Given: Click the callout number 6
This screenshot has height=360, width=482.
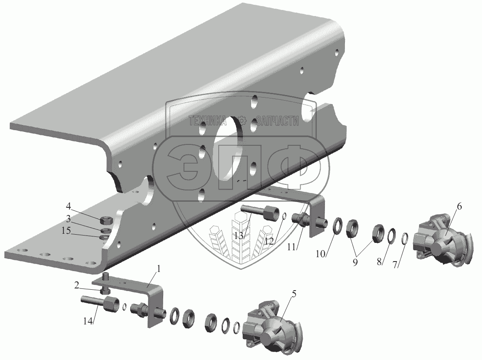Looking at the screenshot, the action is [459, 207].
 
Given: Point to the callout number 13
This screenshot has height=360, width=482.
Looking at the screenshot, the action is [239, 236].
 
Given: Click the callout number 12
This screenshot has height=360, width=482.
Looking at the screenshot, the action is [269, 242].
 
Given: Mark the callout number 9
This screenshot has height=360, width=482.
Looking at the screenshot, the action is [355, 262].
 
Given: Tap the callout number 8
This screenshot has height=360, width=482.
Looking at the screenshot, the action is [380, 262].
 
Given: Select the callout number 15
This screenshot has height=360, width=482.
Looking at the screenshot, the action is [66, 230].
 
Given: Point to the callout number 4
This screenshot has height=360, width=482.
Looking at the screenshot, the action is [69, 205].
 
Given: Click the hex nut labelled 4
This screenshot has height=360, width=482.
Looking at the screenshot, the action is [106, 220].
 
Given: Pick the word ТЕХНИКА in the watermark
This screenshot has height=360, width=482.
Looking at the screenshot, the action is [207, 121].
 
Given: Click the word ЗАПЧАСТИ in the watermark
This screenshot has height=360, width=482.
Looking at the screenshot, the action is [278, 121].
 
